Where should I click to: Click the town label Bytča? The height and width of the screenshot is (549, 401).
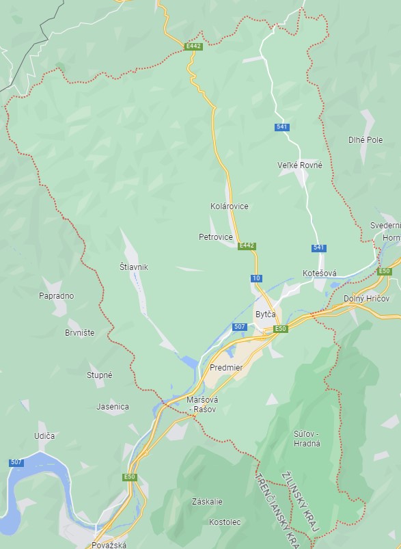point(265,314)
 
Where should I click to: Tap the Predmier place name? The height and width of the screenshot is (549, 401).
point(221,368)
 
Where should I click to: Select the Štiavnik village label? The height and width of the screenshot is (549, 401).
point(133,267)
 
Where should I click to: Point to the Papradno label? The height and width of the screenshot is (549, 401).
point(57,296)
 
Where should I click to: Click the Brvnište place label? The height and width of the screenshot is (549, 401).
point(79,333)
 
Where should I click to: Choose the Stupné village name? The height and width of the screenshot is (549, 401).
point(99,375)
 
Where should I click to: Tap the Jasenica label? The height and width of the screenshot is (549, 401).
point(113,406)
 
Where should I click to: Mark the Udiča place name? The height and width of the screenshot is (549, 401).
point(44,436)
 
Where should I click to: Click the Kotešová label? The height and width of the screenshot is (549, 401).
point(319,273)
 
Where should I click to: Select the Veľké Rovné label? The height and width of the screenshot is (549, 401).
point(300,165)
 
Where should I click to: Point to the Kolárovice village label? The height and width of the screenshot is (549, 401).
point(229,206)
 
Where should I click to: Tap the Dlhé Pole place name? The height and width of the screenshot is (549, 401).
point(365,139)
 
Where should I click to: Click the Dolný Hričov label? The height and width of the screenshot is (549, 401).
point(368,299)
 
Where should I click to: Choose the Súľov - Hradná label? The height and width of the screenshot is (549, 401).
point(306,438)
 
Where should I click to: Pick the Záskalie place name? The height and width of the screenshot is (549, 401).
point(207,501)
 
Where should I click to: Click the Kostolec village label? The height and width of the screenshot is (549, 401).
point(225,522)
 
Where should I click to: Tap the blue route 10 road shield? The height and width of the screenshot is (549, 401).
point(256,278)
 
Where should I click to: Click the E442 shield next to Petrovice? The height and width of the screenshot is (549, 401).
point(247,246)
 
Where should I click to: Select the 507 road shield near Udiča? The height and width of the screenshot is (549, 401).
point(16,463)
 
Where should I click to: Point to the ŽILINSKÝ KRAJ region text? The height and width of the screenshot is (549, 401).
point(299,503)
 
